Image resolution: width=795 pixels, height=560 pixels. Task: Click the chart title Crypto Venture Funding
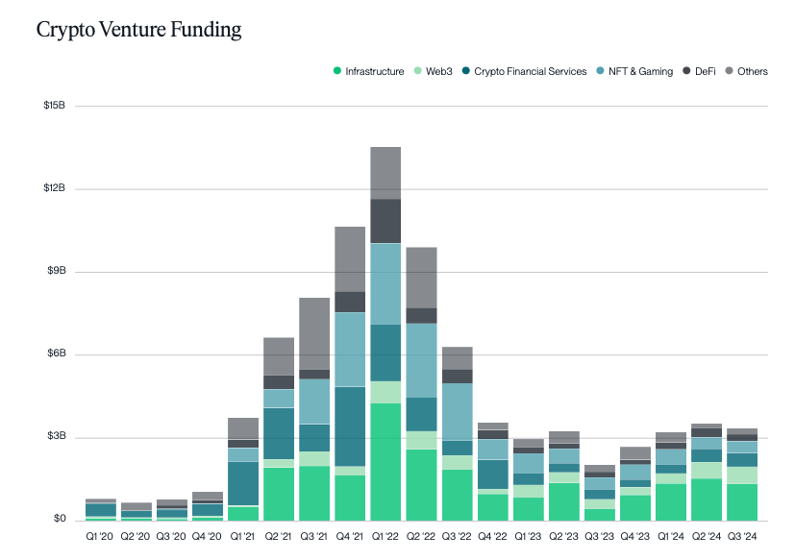click(138, 30)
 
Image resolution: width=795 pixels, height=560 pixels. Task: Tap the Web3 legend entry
click(437, 71)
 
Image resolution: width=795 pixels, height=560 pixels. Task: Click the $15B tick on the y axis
click(54, 106)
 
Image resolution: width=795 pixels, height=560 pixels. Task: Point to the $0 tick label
click(59, 520)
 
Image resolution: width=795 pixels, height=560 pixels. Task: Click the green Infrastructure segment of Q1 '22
click(385, 461)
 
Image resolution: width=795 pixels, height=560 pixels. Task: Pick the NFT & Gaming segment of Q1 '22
click(385, 283)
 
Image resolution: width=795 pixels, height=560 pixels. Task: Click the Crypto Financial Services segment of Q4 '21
click(350, 426)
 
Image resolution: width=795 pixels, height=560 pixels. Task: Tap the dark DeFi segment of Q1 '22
click(385, 220)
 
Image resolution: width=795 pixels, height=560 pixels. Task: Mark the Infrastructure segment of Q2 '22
click(421, 484)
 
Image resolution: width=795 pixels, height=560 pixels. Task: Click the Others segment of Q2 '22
click(421, 277)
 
